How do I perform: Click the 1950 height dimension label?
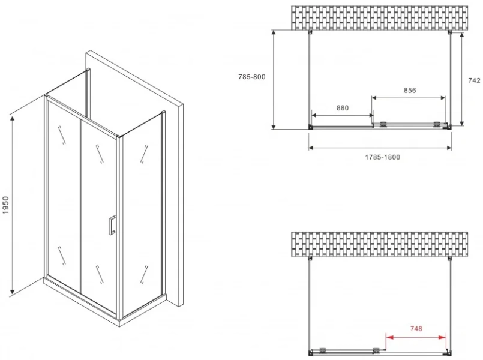pyautogui.click(x=6, y=205)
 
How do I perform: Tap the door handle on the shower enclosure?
pyautogui.click(x=112, y=226)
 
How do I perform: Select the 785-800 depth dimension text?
pyautogui.click(x=251, y=77)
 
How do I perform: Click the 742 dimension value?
pyautogui.click(x=474, y=80)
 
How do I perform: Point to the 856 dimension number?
pyautogui.click(x=410, y=90)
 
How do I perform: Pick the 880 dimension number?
pyautogui.click(x=343, y=108)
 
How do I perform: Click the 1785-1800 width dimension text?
pyautogui.click(x=383, y=157)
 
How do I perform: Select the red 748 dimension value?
pyautogui.click(x=416, y=329)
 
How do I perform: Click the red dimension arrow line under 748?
pyautogui.click(x=416, y=337)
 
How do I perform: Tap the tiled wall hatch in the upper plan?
pyautogui.click(x=379, y=18)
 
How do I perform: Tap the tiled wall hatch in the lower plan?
pyautogui.click(x=379, y=244)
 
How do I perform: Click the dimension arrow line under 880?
pyautogui.click(x=343, y=115)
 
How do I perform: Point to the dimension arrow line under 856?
pyautogui.click(x=409, y=98)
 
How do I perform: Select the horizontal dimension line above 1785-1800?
pyautogui.click(x=380, y=148)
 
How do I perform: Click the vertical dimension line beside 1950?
pyautogui.click(x=13, y=205)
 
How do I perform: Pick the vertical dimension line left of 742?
pyautogui.click(x=461, y=79)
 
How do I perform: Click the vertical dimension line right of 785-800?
pyautogui.click(x=274, y=79)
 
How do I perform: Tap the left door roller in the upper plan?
pyautogui.click(x=383, y=124)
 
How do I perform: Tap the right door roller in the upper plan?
pyautogui.click(x=437, y=124)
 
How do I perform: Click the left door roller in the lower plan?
pyautogui.click(x=323, y=350)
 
